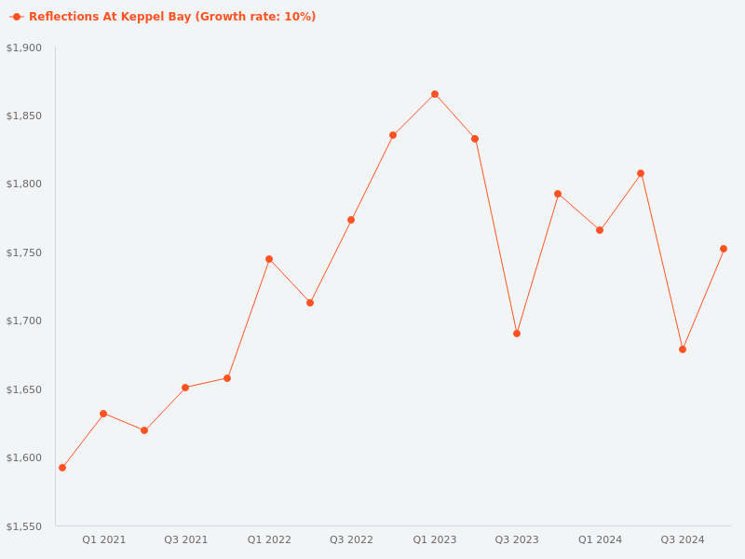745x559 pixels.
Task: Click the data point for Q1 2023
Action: pos(435,94)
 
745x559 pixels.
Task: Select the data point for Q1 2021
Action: pos(103,414)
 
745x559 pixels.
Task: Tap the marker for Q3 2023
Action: pos(517,334)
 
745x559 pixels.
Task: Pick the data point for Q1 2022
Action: pos(269,259)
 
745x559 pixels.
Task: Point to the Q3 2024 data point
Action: pos(683,349)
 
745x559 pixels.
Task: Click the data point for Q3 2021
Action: pos(185,388)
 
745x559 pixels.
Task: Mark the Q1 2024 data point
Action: pos(600,230)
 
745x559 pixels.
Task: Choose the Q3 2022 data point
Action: pos(351,220)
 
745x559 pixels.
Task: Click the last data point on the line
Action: pos(724,249)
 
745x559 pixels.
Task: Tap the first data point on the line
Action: pos(62,468)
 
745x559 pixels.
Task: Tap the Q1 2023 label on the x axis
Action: pos(435,540)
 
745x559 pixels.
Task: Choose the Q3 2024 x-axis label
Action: pos(683,540)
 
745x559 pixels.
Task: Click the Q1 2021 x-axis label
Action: pos(103,540)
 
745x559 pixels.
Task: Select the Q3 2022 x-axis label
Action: pos(351,540)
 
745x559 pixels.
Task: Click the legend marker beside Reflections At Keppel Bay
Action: pos(17,17)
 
